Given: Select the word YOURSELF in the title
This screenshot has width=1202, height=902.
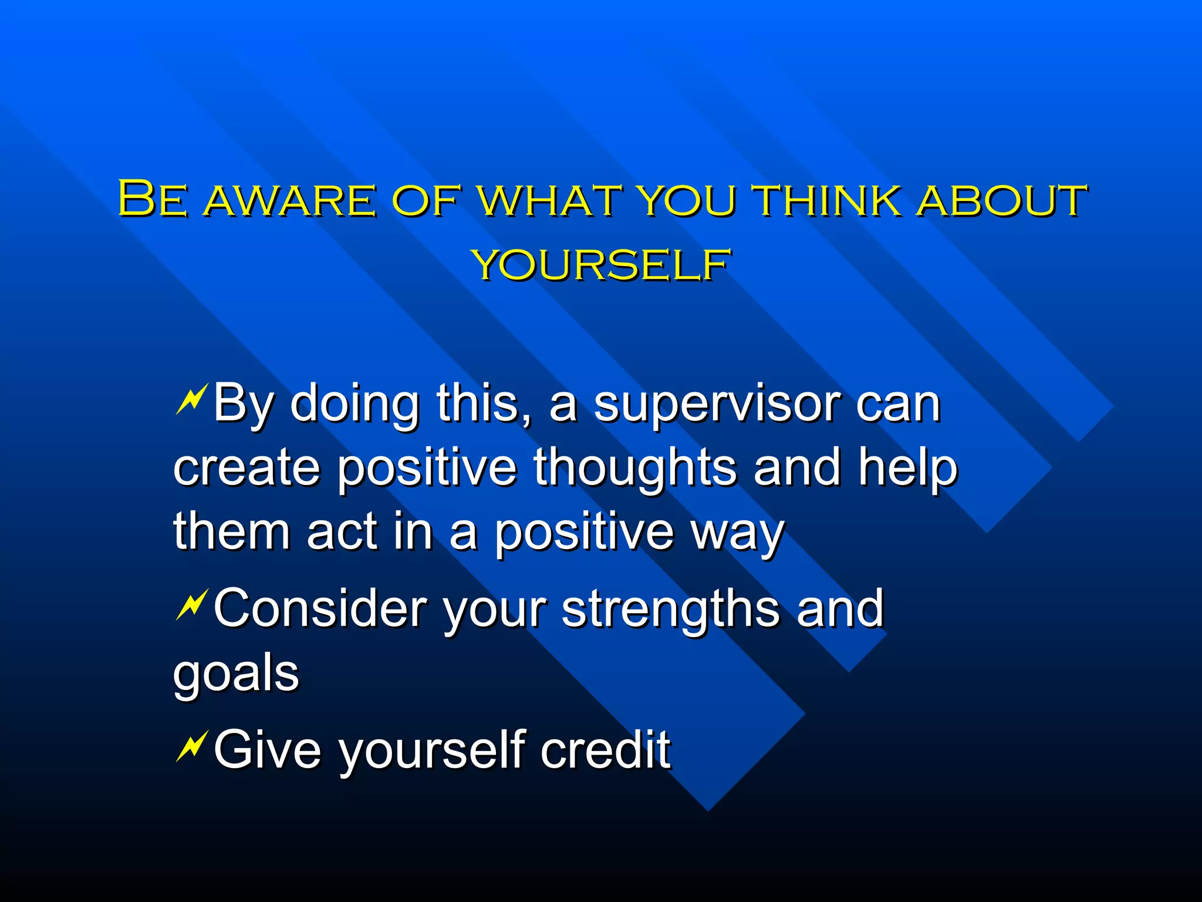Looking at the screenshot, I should [x=601, y=265].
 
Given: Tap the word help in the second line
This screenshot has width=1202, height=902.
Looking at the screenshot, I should [x=907, y=468].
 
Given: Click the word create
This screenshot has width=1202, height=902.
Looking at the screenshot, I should [x=247, y=468].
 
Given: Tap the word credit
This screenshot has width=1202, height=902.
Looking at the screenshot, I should [x=605, y=750].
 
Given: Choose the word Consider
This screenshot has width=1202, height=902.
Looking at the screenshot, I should [x=320, y=609].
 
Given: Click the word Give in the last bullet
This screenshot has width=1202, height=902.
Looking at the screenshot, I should [x=268, y=750].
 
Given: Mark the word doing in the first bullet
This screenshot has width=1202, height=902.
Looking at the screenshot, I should [x=354, y=405].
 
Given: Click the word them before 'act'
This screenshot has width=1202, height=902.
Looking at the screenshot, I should [x=232, y=532].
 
